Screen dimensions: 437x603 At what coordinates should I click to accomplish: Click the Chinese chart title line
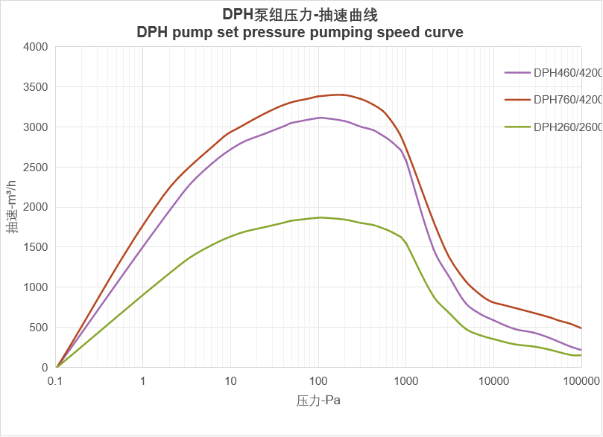point(300,15)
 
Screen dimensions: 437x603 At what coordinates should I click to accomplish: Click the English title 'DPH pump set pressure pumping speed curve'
point(300,33)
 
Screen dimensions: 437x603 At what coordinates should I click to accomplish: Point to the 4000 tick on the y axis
point(35,47)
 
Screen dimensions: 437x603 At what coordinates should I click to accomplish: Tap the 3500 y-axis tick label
point(35,87)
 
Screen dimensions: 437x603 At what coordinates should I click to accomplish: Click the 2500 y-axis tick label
point(35,168)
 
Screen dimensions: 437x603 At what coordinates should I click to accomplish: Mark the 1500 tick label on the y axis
point(35,247)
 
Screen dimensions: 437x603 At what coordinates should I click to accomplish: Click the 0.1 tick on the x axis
point(56,381)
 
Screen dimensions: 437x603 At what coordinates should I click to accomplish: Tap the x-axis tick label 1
point(143,381)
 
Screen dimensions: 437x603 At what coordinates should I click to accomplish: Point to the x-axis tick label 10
point(230,381)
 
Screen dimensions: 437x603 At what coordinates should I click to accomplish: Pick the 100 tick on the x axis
point(318,381)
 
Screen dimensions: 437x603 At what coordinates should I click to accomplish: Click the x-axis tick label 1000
point(405,381)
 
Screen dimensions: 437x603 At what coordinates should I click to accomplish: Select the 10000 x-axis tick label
point(493,381)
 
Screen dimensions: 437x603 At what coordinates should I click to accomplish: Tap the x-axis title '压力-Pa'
point(318,401)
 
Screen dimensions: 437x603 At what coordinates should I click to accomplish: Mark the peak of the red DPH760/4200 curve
point(339,95)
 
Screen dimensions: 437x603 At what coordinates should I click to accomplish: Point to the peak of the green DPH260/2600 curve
point(320,217)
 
